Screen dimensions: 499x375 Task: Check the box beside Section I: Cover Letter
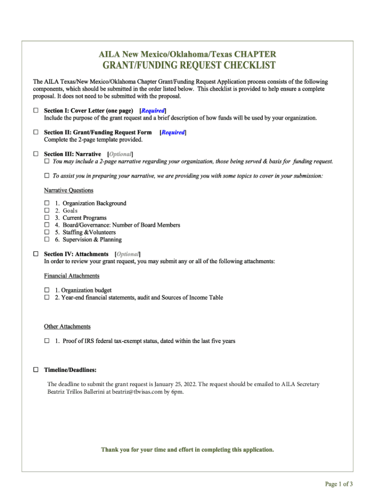[36, 111]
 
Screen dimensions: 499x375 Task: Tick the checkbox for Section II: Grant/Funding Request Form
[36, 132]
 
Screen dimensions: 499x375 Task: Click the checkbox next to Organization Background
[47, 203]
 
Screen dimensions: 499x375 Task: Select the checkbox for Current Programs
[47, 217]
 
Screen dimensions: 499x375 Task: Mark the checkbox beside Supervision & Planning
[47, 239]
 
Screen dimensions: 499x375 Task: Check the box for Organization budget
[47, 290]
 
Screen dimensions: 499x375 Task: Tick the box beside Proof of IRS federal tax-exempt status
[47, 341]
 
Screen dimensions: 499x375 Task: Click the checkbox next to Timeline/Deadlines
[36, 370]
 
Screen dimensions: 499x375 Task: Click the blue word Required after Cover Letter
[153, 111]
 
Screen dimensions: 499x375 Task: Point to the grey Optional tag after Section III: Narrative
[120, 154]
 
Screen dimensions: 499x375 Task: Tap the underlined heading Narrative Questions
[69, 190]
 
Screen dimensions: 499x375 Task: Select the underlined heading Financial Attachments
[72, 276]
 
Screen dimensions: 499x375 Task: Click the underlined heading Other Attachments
[67, 326]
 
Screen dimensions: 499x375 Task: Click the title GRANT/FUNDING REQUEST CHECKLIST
[188, 66]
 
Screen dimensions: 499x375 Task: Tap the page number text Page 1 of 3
[339, 484]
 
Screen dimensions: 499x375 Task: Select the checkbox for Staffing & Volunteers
[47, 232]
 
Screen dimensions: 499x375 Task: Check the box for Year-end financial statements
[47, 297]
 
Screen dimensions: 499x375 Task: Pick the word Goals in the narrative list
[70, 211]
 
